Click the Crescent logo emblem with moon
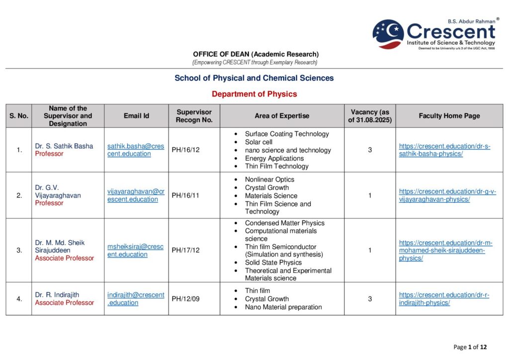point(388,34)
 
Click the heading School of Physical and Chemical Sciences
point(254,78)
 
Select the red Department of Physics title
point(254,94)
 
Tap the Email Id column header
point(136,116)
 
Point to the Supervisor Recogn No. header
point(194,116)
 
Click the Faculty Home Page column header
point(449,116)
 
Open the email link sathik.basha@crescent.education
point(136,150)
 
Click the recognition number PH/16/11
point(185,195)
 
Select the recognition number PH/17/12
point(185,250)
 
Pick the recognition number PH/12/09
point(185,299)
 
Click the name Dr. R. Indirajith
point(57,295)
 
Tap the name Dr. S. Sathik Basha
point(64,146)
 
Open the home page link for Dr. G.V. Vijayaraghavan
point(447,195)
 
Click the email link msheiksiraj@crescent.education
point(135,250)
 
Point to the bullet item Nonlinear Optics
point(269,180)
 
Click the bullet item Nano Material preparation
point(283,307)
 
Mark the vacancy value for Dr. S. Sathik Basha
point(370,150)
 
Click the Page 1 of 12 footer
point(470,347)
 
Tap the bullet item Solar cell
point(258,142)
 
